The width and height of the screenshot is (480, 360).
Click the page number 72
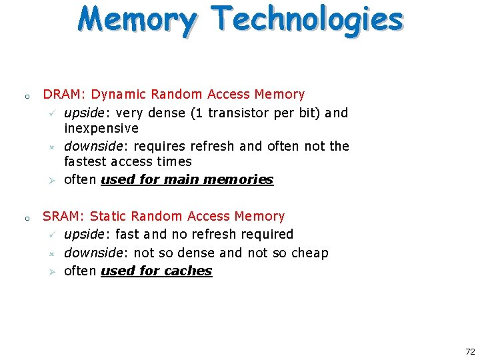click(x=470, y=351)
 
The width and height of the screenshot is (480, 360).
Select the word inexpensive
click(x=101, y=128)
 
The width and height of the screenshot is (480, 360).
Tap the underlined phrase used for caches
click(x=156, y=271)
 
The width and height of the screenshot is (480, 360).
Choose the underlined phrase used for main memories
click(x=187, y=179)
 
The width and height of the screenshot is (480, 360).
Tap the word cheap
click(x=310, y=253)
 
